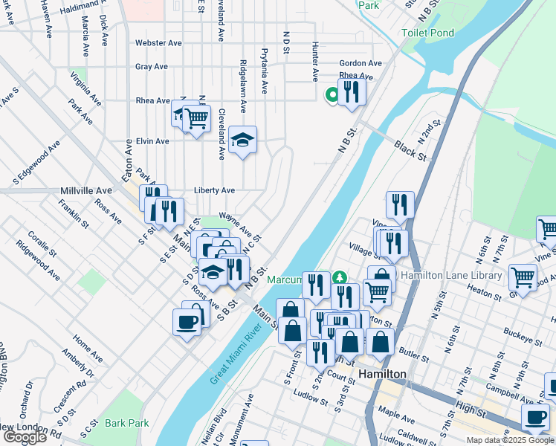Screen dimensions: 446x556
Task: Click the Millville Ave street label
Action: click(85, 191)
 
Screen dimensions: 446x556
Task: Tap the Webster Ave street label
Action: click(158, 43)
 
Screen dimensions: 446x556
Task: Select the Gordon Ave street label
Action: click(361, 64)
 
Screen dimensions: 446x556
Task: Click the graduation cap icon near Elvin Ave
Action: click(242, 140)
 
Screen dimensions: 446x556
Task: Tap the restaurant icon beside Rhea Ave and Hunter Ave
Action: click(352, 91)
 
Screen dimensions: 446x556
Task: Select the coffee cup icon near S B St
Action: click(187, 322)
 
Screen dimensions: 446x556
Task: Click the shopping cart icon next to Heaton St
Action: click(523, 277)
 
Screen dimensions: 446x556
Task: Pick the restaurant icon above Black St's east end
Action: click(400, 204)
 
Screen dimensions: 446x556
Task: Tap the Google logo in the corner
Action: click(25, 437)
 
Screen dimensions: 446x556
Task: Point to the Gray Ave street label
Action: click(151, 67)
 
